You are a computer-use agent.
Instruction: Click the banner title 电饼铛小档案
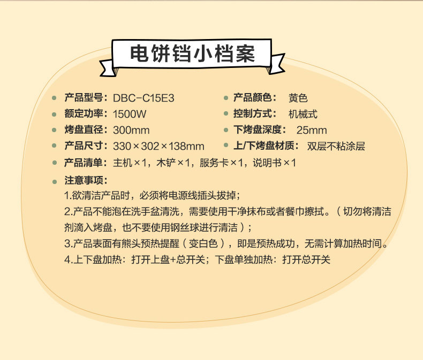click(192, 54)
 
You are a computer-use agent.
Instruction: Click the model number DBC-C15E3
click(143, 98)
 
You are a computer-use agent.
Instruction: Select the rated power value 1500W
click(130, 114)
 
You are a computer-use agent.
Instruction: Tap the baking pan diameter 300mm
click(131, 131)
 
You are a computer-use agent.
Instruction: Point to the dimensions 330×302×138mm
click(158, 147)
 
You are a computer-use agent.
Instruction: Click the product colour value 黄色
click(298, 98)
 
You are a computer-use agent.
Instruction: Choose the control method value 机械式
click(303, 114)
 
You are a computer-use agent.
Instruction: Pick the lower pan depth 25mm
click(312, 131)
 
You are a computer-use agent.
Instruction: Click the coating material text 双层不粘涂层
click(336, 147)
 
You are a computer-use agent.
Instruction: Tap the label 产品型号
click(84, 97)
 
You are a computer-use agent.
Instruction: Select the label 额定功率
click(84, 114)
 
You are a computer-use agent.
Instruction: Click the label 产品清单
click(84, 163)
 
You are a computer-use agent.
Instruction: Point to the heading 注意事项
click(84, 180)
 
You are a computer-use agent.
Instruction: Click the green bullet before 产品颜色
click(226, 98)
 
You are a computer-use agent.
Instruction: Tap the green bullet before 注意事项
click(55, 182)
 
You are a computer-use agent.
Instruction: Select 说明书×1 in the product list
click(274, 163)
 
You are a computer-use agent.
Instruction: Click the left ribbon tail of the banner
click(107, 67)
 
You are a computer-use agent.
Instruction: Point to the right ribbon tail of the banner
click(276, 64)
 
